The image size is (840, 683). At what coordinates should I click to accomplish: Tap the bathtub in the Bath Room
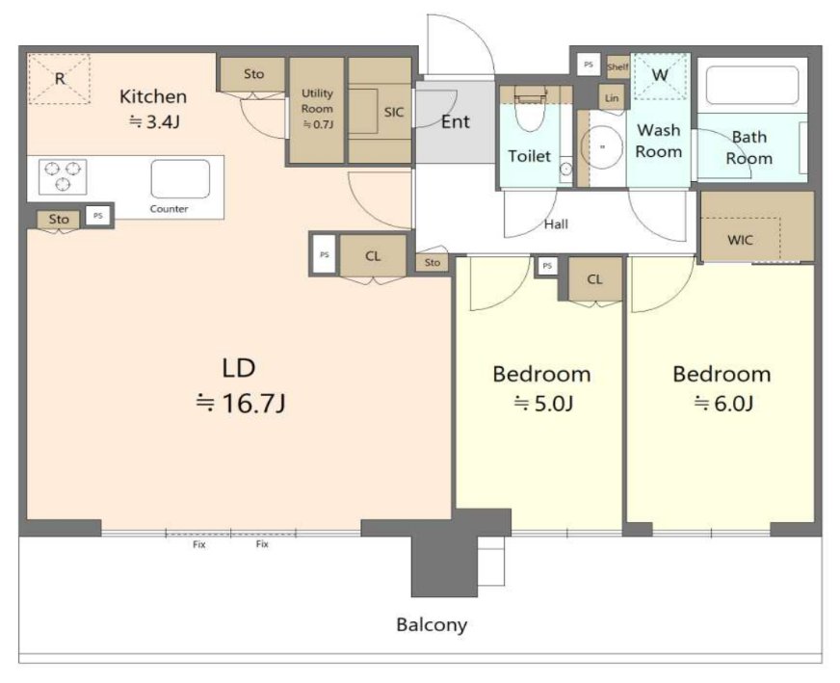pos(752,85)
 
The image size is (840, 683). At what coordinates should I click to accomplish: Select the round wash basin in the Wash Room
pos(602,146)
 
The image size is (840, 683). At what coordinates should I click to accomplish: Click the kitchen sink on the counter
pos(180,179)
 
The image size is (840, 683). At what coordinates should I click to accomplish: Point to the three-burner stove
pos(63,176)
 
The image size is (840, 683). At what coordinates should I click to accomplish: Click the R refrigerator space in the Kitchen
pos(59,79)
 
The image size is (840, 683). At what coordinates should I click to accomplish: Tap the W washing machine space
pos(661,75)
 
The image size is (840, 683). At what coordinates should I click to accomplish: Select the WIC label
pos(740,240)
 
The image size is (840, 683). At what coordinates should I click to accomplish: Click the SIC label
pos(393,112)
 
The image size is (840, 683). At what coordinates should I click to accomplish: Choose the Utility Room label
pos(317,101)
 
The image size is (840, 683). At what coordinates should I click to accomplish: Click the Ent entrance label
pos(455,122)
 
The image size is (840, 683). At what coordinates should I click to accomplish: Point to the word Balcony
pos(432,624)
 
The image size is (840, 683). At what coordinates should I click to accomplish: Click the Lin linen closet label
pos(612,98)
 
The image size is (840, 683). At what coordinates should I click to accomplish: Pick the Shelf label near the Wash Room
pos(617,67)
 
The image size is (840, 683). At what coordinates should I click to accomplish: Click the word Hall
pos(556,223)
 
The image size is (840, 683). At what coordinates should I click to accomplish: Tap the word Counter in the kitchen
pos(169,209)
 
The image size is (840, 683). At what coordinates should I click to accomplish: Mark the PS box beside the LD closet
pos(324,254)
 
